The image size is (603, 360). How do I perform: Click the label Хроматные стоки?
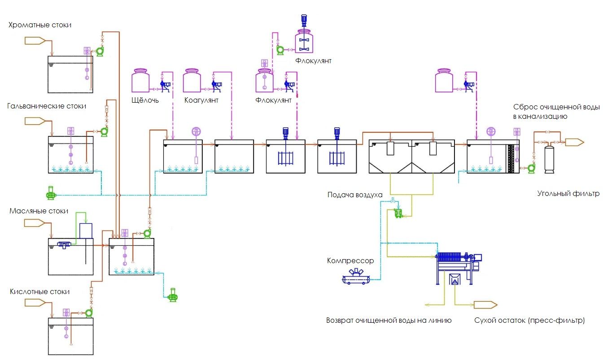[40, 25]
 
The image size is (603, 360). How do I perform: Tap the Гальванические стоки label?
[47, 106]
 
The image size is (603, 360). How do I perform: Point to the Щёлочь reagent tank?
[140, 81]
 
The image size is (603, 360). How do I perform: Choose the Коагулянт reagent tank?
[192, 81]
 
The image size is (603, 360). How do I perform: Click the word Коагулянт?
[201, 100]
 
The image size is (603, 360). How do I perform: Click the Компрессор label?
[350, 261]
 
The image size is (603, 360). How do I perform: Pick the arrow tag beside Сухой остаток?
[485, 305]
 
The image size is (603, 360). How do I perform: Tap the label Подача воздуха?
[355, 195]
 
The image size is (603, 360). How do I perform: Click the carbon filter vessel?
[549, 158]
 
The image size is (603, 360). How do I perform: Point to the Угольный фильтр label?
[568, 194]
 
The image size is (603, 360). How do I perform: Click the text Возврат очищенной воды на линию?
[389, 321]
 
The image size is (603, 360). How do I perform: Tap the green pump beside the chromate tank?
[100, 52]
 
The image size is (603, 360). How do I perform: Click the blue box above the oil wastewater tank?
[86, 230]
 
